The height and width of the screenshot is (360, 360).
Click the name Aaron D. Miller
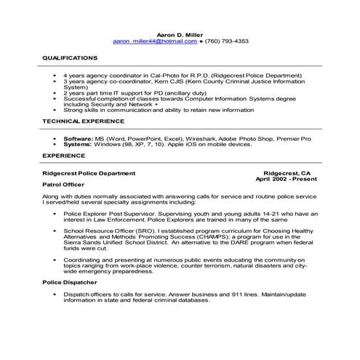point(180,33)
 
